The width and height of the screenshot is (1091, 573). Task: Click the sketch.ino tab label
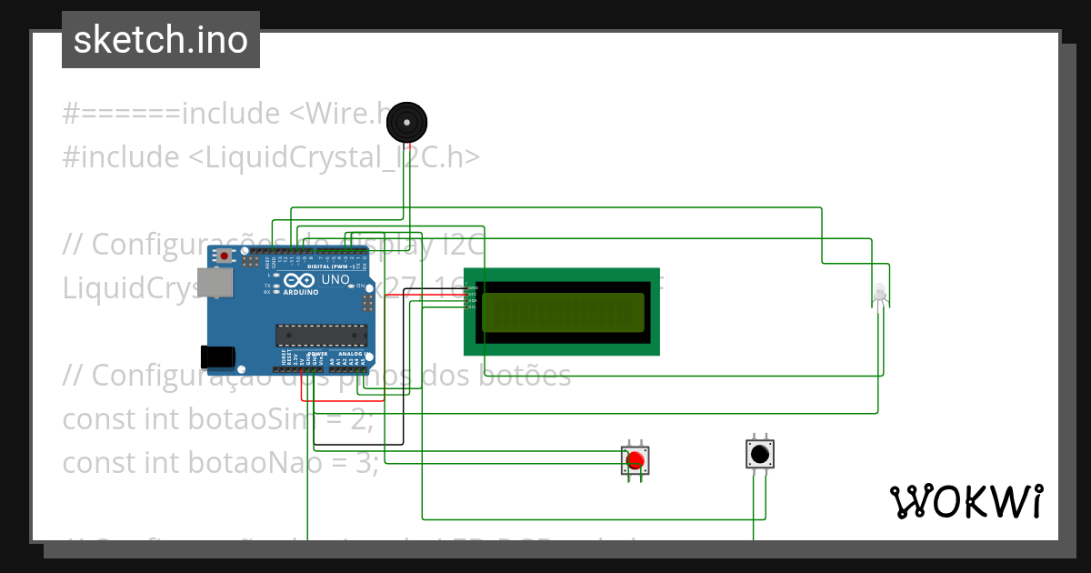click(160, 40)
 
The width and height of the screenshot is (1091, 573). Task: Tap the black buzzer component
click(406, 122)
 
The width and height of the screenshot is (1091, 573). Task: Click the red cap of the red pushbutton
click(636, 460)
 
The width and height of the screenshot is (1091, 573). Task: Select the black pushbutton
click(759, 453)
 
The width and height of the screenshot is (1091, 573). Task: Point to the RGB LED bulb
click(879, 294)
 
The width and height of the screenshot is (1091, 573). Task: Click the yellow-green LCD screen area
click(562, 312)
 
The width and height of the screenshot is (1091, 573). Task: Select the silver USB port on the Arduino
click(215, 284)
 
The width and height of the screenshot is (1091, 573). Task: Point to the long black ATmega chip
click(321, 335)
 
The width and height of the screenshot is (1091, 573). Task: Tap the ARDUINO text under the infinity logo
click(301, 293)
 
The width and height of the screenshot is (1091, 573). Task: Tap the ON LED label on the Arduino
click(360, 285)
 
